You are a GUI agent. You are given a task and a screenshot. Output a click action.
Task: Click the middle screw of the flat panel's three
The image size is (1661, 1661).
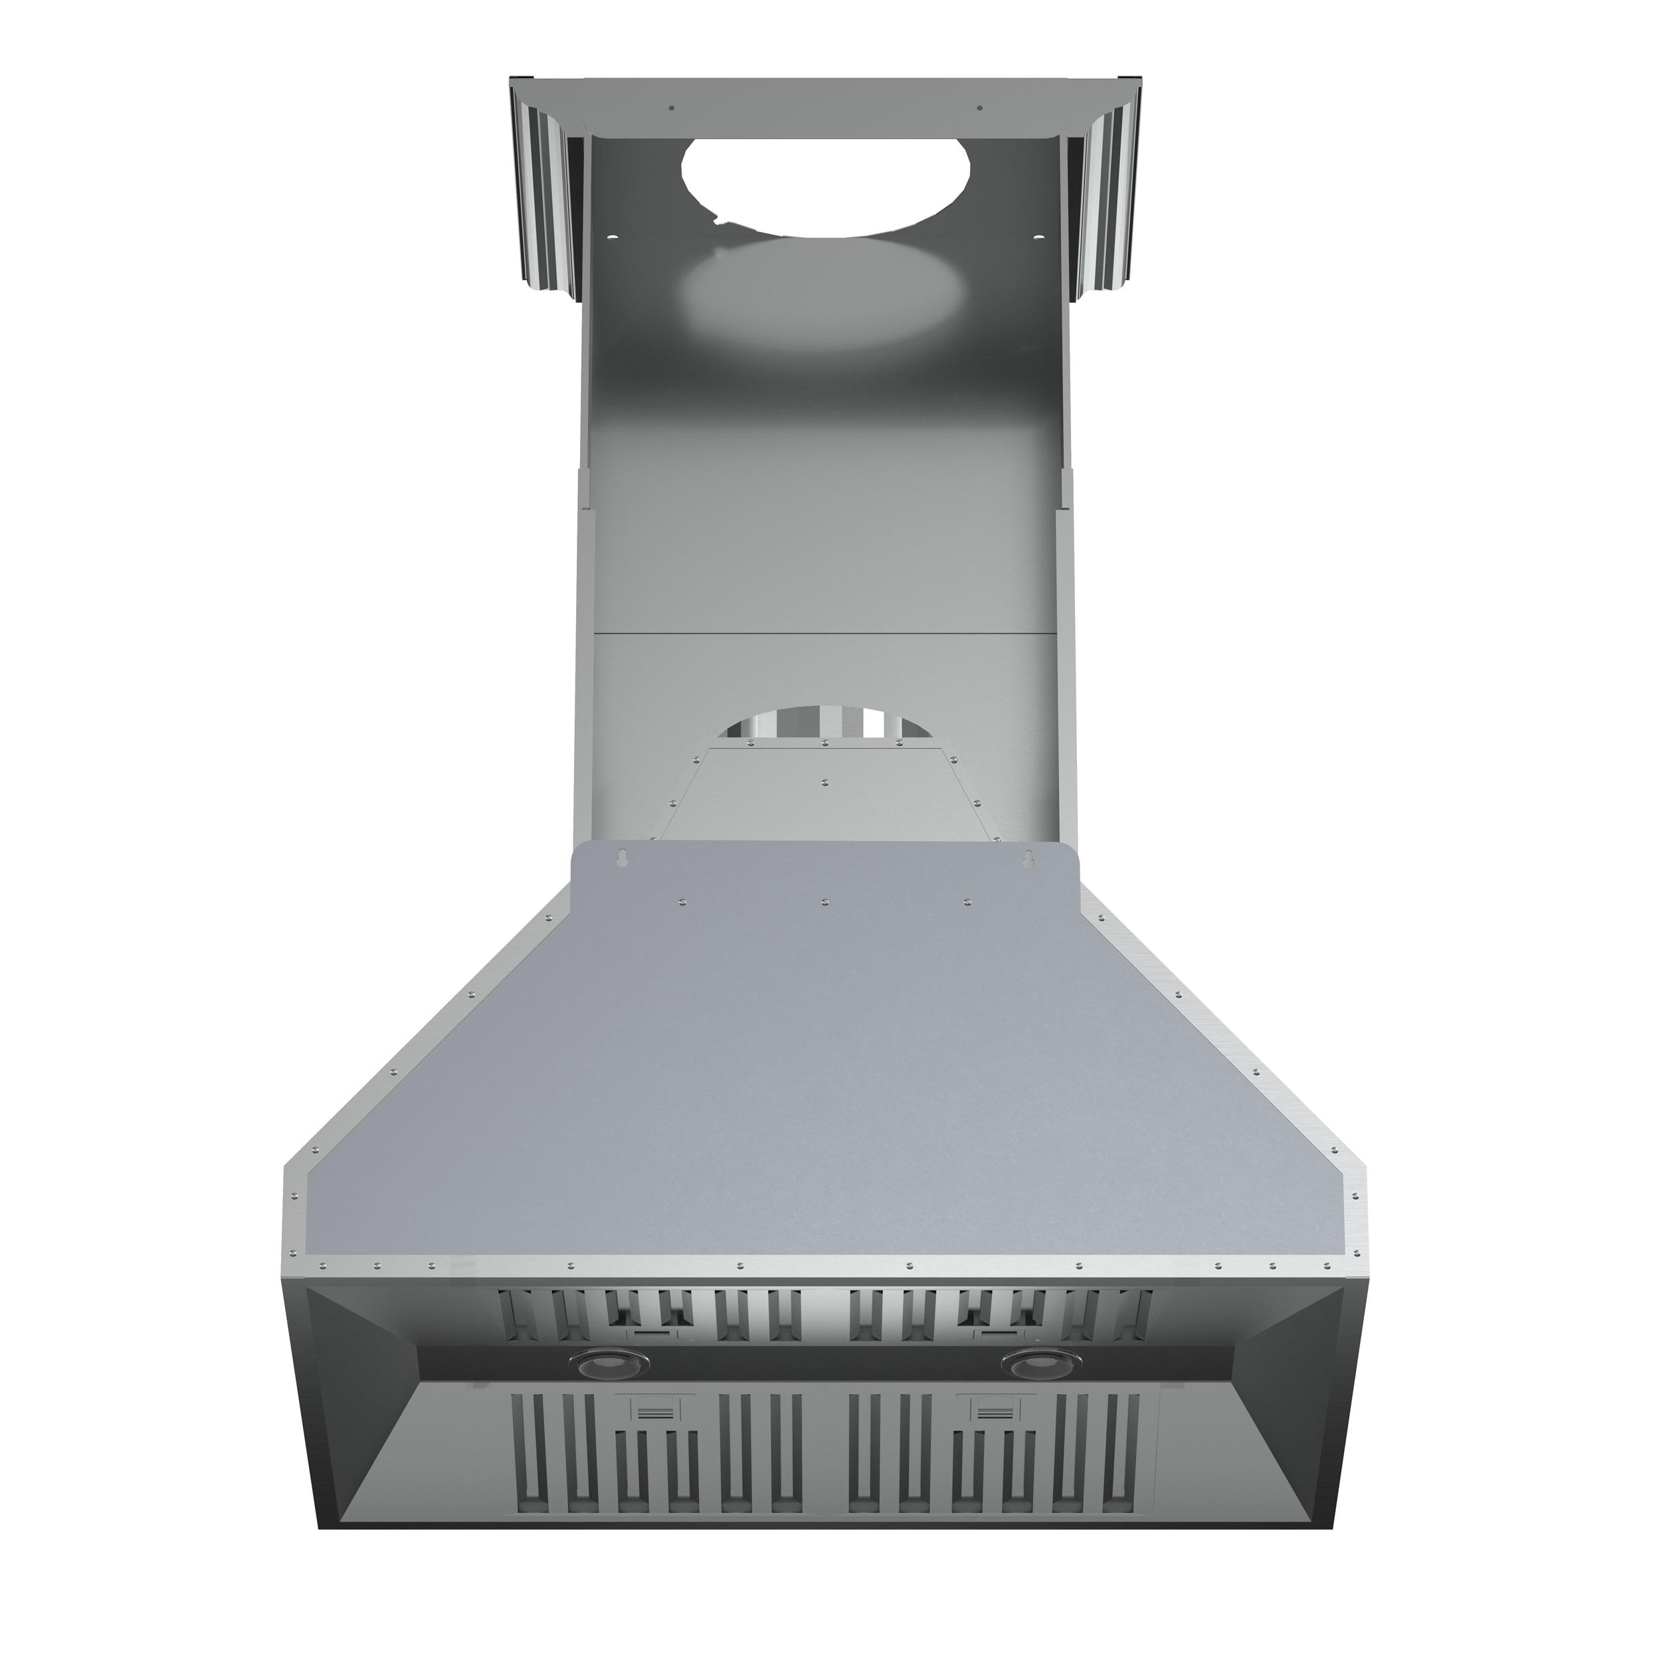click(825, 901)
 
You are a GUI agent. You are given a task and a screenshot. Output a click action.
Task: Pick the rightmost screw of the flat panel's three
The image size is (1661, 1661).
click(968, 901)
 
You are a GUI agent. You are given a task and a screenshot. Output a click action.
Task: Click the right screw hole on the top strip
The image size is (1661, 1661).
click(979, 108)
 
